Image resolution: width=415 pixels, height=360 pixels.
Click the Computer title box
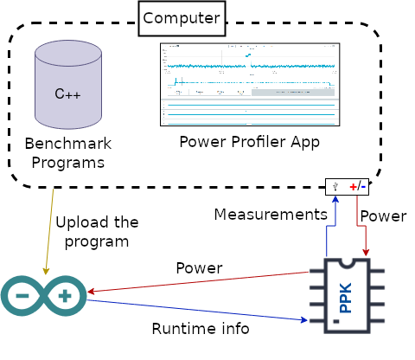pos(182,18)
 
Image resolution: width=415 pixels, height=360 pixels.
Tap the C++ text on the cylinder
pos(67,94)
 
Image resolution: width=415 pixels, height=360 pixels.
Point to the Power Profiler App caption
pos(249,141)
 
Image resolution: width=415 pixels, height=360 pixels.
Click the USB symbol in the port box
pos(335,186)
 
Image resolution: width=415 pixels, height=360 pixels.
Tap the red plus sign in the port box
pos(353,186)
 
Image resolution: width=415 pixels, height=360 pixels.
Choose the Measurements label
pos(270,214)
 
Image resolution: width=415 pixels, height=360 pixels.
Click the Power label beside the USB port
pos(382,215)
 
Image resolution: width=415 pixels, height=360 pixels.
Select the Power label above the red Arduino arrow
pos(199,267)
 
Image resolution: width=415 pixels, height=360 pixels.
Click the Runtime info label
pos(201,329)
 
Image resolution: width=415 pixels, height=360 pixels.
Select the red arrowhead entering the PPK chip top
pos(367,253)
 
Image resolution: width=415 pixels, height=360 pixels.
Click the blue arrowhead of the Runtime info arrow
pos(304,320)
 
